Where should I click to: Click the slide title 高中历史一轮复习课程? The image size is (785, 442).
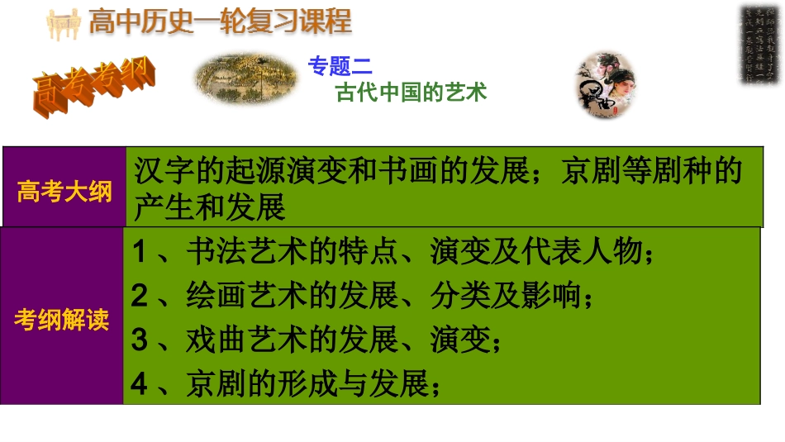coord(219,21)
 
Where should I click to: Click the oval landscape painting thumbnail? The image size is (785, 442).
coord(245,78)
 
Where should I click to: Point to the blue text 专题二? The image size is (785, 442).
coord(340,66)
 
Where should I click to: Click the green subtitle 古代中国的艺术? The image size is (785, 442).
coord(411,92)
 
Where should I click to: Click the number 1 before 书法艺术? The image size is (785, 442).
coord(140,253)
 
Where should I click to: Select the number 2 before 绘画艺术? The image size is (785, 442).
coord(140,296)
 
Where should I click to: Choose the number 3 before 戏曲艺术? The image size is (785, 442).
coord(140,340)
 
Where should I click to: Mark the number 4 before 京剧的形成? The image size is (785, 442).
coord(140,383)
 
